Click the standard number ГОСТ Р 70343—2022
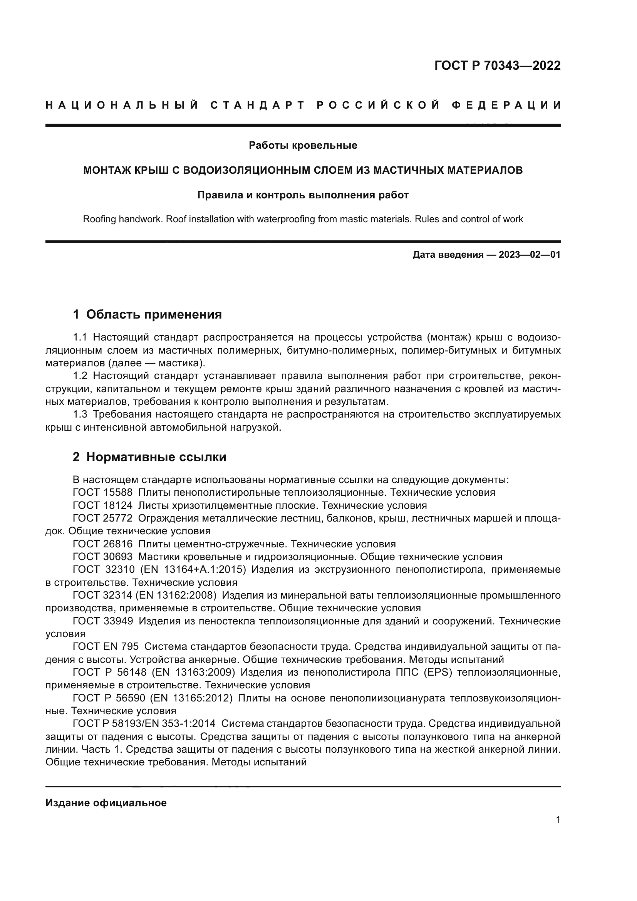497,65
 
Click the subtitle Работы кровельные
303,146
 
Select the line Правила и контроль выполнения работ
303,195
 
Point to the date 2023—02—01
530,255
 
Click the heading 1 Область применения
148,314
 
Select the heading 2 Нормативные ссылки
149,457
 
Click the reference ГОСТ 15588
103,493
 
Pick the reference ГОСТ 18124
103,505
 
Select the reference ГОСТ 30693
103,557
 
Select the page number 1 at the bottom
558,820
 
